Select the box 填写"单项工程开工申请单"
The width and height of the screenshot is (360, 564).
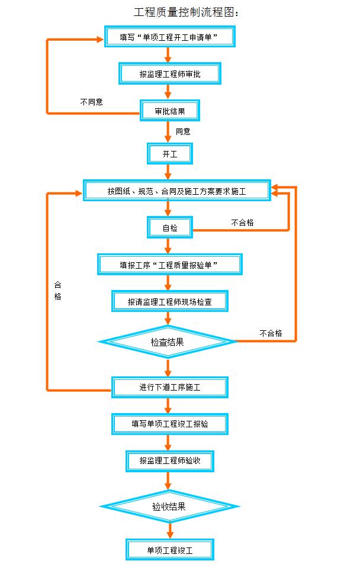[169, 37]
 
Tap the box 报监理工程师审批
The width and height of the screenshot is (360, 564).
[170, 74]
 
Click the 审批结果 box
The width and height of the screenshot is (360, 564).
[169, 111]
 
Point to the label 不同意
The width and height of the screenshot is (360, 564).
[92, 102]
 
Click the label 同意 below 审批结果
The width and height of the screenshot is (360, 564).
[183, 131]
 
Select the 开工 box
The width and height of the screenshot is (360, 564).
[169, 154]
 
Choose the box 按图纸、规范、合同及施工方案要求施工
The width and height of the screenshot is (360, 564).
[176, 191]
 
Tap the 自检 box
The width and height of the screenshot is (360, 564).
[169, 227]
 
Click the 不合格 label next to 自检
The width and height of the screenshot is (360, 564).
[242, 223]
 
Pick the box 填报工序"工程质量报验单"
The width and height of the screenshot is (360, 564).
[170, 265]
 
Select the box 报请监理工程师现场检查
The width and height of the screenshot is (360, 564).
[169, 301]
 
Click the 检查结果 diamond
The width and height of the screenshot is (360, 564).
[168, 341]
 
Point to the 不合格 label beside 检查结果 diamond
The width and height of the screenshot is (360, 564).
[270, 333]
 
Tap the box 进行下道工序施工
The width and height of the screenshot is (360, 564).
[169, 387]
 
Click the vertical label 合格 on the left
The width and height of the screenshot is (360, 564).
[57, 290]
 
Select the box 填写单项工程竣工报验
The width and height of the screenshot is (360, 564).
[169, 424]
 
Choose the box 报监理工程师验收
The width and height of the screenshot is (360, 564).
[169, 460]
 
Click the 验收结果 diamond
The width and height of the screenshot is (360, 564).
[169, 506]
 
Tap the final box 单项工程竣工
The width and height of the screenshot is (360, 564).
[169, 549]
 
